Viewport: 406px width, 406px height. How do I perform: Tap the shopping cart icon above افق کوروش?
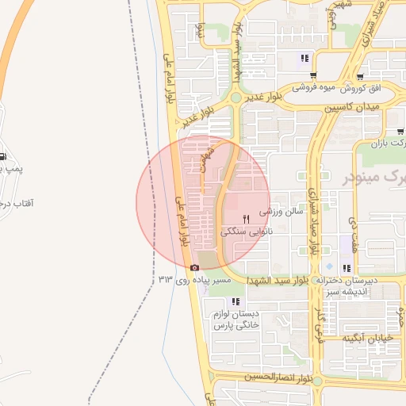(x=360, y=77)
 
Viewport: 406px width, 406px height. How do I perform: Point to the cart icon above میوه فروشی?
(x=304, y=57)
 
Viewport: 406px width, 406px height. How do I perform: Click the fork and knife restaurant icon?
(x=247, y=219)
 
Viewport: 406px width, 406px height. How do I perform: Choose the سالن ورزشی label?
(x=283, y=212)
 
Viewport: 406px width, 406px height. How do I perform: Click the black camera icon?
(x=194, y=267)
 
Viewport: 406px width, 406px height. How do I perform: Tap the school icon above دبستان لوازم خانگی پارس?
(x=236, y=301)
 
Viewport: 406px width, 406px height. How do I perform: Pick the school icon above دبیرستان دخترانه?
(x=347, y=268)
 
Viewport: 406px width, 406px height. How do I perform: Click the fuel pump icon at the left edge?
(x=3, y=155)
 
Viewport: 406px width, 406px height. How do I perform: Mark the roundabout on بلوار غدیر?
(x=236, y=98)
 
